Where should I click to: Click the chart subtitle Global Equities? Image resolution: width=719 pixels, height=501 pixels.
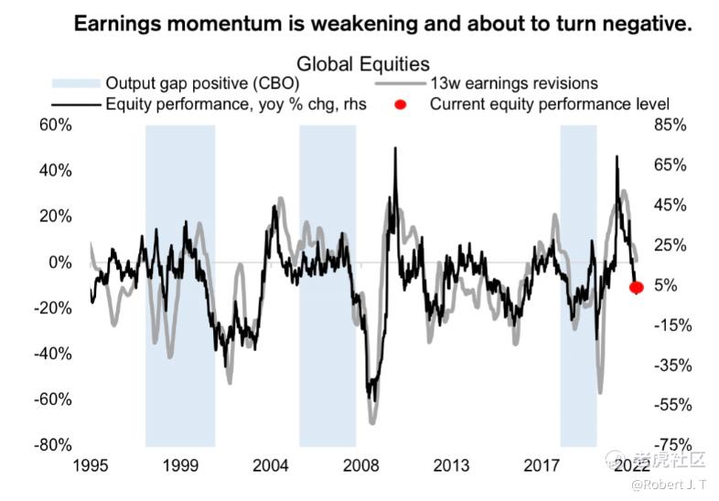pos(363,64)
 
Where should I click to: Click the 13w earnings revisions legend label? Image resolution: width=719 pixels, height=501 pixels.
pos(514,84)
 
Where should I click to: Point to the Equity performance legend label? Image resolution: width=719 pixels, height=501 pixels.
pos(236,104)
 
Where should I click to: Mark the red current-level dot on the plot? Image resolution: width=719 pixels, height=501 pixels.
pos(637,287)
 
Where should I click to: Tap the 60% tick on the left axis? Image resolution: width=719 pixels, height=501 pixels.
pos(54,125)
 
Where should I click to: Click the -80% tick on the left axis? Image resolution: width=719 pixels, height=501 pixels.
pos(52,445)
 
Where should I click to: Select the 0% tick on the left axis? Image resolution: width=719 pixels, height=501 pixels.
pos(59,262)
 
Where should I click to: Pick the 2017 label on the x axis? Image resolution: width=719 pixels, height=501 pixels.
pos(542,466)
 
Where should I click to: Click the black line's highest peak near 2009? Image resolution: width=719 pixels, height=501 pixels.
pos(395,148)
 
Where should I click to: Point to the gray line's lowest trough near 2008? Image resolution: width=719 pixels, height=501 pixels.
pos(373,423)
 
